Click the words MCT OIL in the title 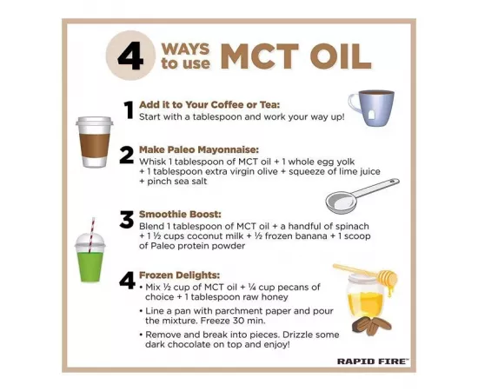tap(295, 56)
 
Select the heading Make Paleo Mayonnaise tap(198, 149)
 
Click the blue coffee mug tap(371, 108)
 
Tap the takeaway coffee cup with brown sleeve tap(94, 141)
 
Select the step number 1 tap(128, 110)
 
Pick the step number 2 tap(127, 156)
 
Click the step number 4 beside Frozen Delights tap(127, 282)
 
